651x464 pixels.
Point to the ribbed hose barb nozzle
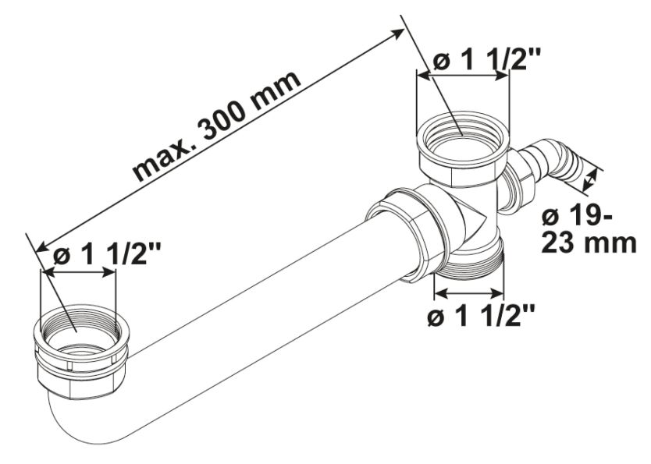coord(557,161)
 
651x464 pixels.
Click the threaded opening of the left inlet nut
coord(78,328)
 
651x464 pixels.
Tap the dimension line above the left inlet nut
coord(78,272)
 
